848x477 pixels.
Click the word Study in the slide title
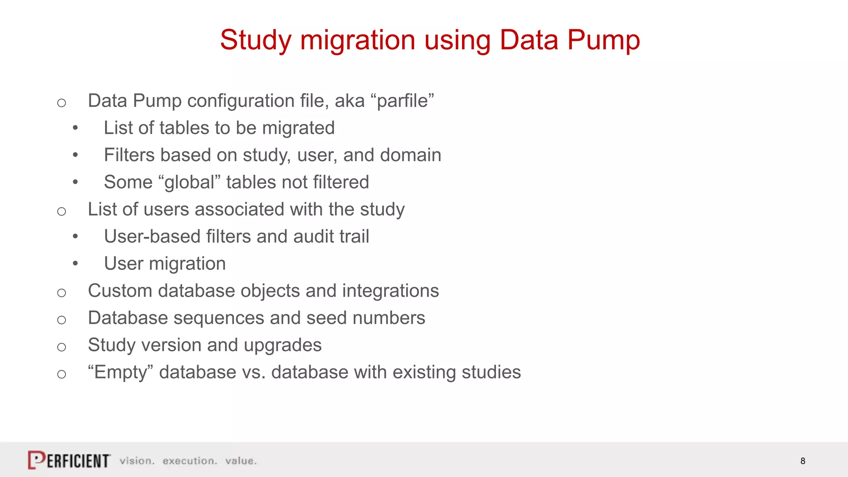pos(255,40)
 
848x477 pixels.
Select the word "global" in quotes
pos(189,182)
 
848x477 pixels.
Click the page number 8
pos(802,461)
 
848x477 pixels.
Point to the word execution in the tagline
pos(190,461)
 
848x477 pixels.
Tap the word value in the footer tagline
pos(241,461)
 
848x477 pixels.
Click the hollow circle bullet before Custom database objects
pos(62,293)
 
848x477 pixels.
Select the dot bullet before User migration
pos(75,263)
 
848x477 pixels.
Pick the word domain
pos(410,155)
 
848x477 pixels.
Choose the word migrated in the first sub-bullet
pos(298,128)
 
